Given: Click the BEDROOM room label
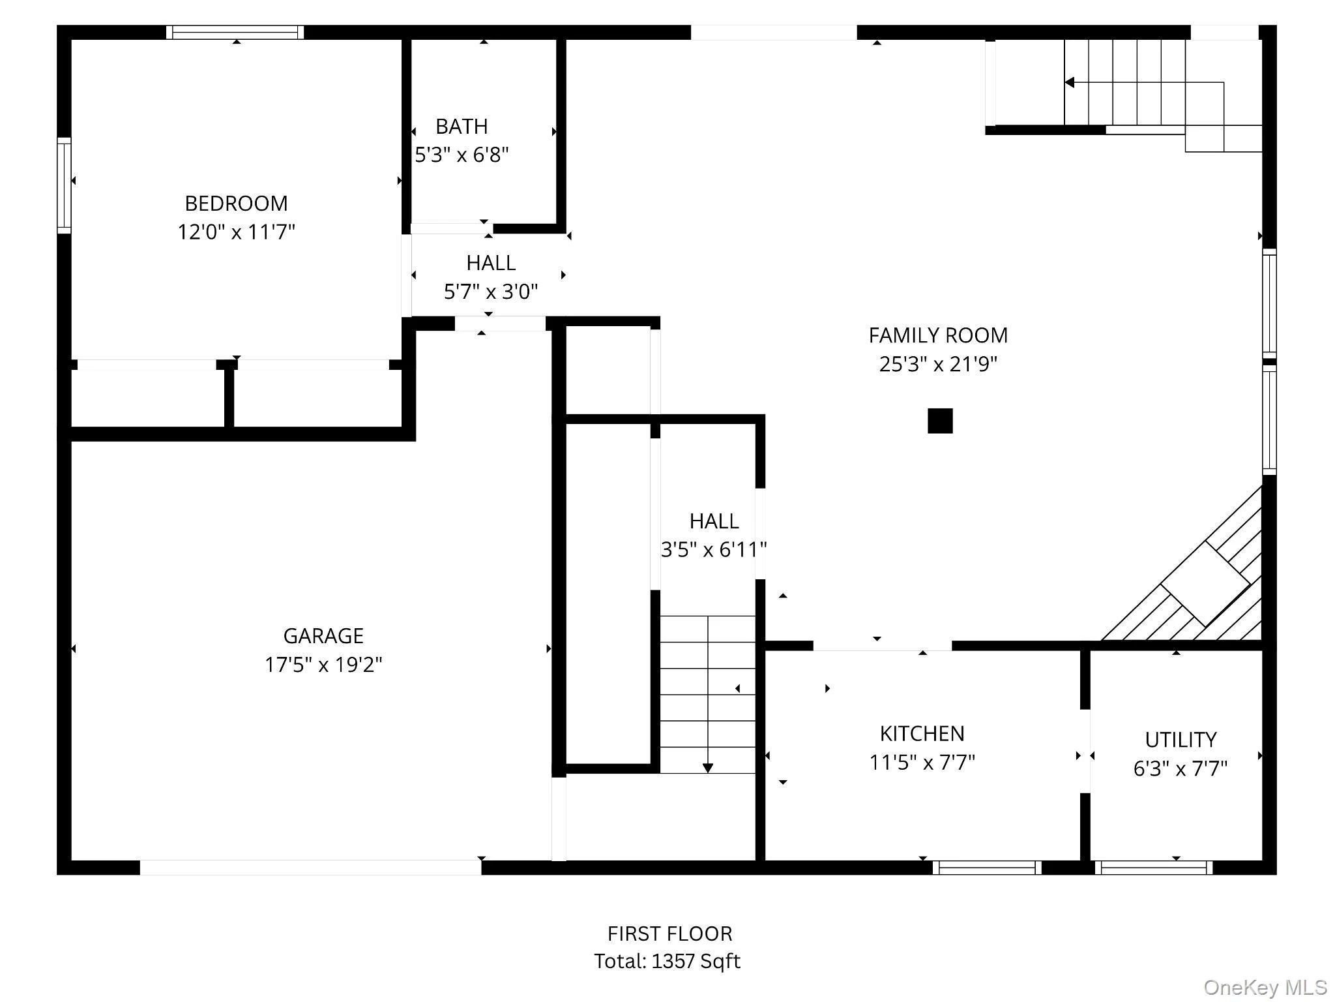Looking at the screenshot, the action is click(236, 204).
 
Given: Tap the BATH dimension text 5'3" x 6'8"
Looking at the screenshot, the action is click(462, 155).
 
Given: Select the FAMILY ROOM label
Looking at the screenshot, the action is click(938, 335).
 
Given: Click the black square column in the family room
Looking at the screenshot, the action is click(940, 421).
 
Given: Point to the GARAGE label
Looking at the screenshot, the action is click(323, 635).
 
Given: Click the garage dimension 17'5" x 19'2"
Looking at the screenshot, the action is click(323, 665).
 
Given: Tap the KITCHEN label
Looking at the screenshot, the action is click(922, 734).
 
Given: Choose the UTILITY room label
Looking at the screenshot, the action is click(1181, 740).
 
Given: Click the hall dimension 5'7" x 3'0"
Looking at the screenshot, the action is click(491, 292).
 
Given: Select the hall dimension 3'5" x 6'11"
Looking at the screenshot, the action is click(714, 550).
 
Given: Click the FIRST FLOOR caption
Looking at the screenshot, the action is click(669, 934).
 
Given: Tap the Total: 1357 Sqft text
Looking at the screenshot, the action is click(667, 962).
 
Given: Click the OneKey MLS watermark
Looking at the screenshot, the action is click(1265, 988).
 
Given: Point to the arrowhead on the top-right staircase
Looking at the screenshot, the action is click(1069, 82).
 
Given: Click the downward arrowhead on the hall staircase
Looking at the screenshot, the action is click(707, 768).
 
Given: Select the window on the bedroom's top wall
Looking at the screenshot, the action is click(235, 32).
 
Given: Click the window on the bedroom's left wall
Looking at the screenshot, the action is click(64, 185).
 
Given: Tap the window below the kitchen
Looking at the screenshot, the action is click(987, 868).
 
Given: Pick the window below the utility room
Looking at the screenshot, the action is click(1153, 868).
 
